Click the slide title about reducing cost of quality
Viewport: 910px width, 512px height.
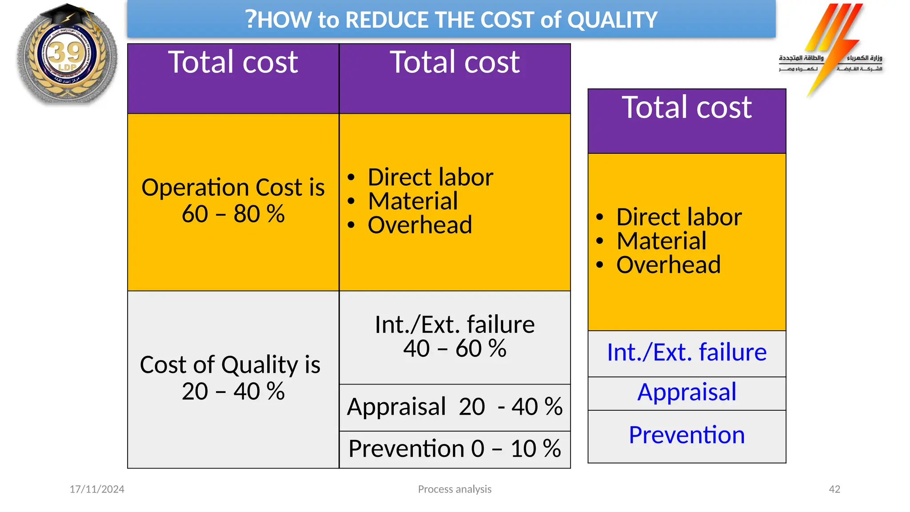click(451, 20)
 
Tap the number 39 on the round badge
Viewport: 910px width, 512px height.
click(67, 52)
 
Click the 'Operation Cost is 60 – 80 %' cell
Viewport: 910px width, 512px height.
click(233, 201)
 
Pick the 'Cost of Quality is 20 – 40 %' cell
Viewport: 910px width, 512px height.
click(230, 378)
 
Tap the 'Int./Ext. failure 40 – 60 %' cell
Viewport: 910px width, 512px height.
click(455, 336)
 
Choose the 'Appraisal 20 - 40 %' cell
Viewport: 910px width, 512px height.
click(455, 407)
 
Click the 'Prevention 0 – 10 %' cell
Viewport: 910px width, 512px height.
click(455, 448)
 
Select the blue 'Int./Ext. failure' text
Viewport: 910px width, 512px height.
click(686, 352)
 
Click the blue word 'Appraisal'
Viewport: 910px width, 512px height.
click(686, 392)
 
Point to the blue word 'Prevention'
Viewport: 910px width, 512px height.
click(686, 435)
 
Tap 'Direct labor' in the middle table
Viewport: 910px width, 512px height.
click(430, 177)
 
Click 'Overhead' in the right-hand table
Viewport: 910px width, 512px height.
click(668, 265)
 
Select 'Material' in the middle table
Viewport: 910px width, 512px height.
click(413, 201)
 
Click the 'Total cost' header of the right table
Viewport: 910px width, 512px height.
click(686, 108)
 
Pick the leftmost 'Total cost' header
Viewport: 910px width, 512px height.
click(233, 62)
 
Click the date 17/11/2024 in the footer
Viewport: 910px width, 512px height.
click(97, 489)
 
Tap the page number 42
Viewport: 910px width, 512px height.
click(834, 489)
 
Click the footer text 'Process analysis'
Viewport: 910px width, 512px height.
click(455, 489)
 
